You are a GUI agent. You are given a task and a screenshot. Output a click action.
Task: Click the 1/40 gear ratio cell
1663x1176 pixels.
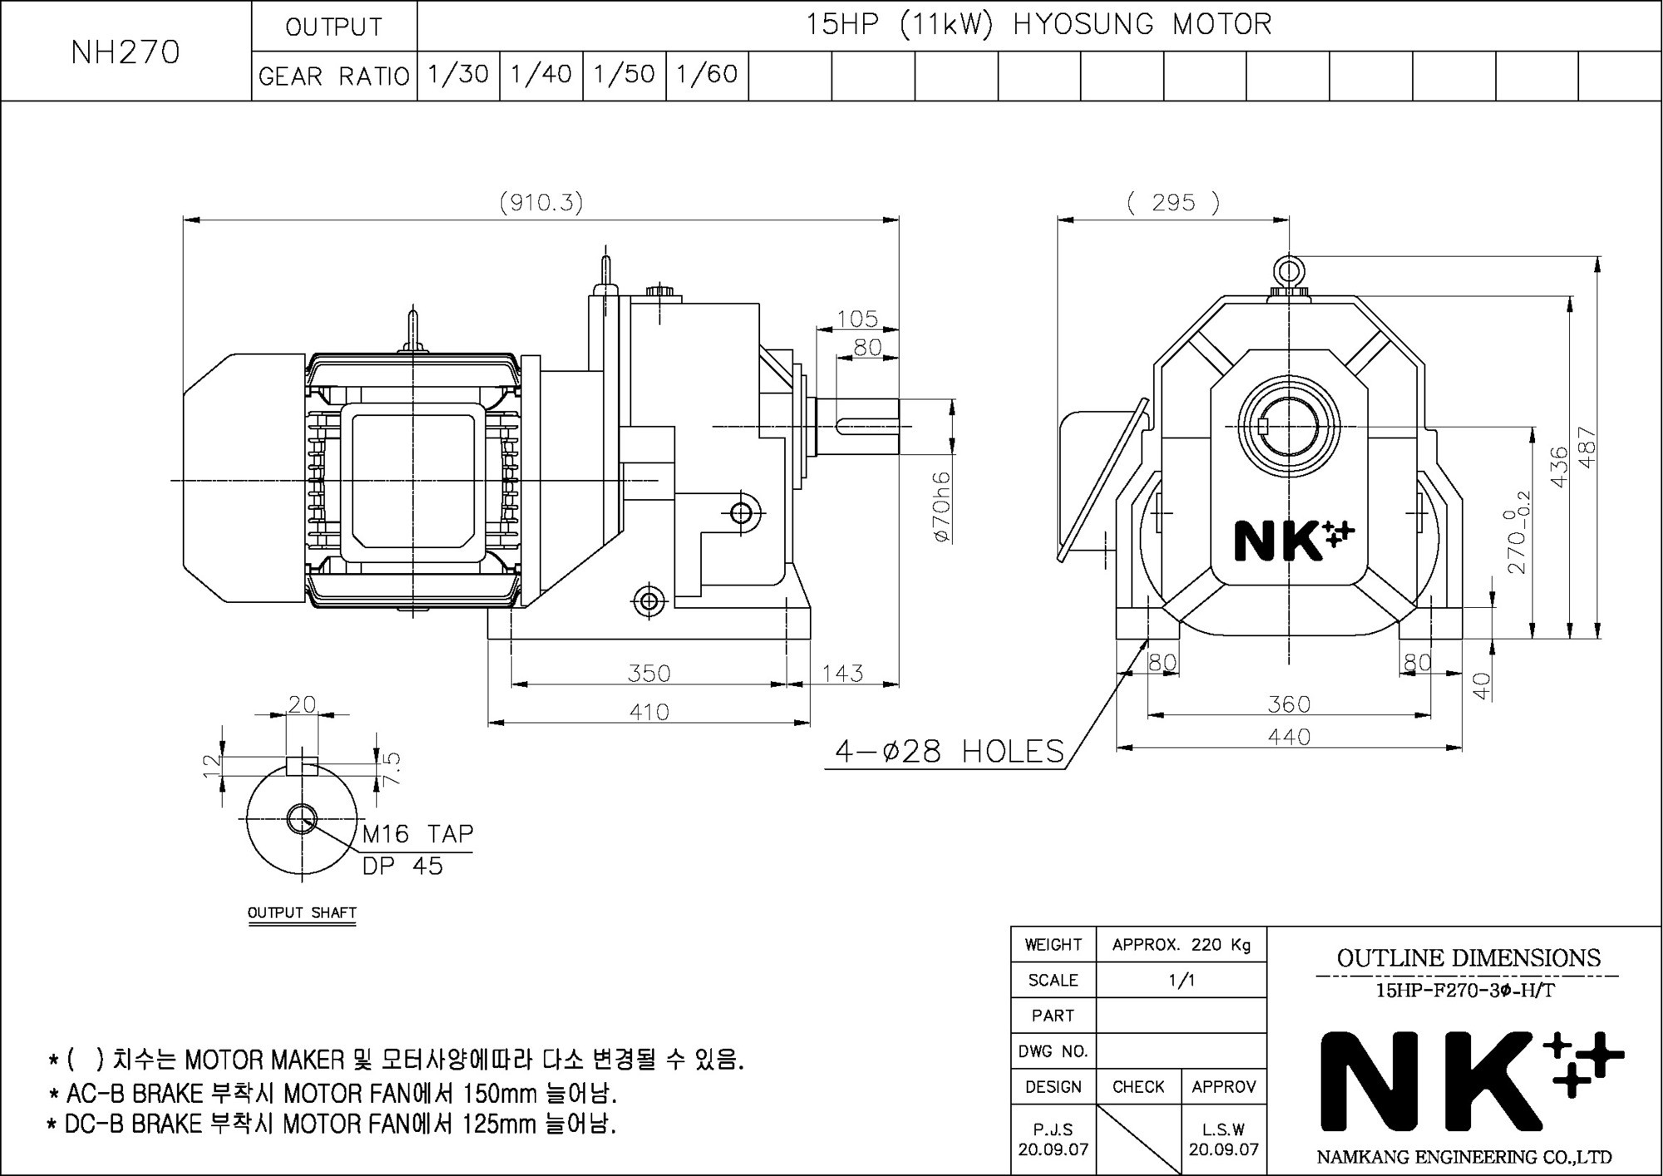pos(541,75)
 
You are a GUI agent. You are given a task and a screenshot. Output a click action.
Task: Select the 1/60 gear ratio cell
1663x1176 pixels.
pos(708,75)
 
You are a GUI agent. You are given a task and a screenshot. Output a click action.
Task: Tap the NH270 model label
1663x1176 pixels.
pos(126,52)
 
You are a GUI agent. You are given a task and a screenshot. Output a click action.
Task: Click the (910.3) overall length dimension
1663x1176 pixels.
pos(541,202)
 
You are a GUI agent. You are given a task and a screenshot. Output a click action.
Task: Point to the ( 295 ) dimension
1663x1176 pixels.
pos(1173,202)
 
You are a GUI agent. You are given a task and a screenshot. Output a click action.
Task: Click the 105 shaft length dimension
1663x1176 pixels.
pos(857,319)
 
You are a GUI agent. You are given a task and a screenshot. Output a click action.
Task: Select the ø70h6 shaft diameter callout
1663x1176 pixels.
pos(942,507)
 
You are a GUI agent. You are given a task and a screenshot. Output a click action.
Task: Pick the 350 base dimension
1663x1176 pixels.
pos(649,673)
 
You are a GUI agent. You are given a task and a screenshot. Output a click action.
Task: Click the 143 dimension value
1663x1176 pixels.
pos(843,673)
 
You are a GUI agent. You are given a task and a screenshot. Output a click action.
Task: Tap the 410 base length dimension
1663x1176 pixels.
pos(649,712)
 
